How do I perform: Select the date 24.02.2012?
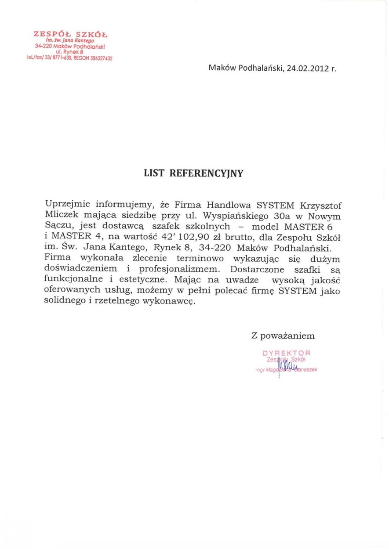coord(307,69)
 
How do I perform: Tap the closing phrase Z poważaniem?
coord(283,336)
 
